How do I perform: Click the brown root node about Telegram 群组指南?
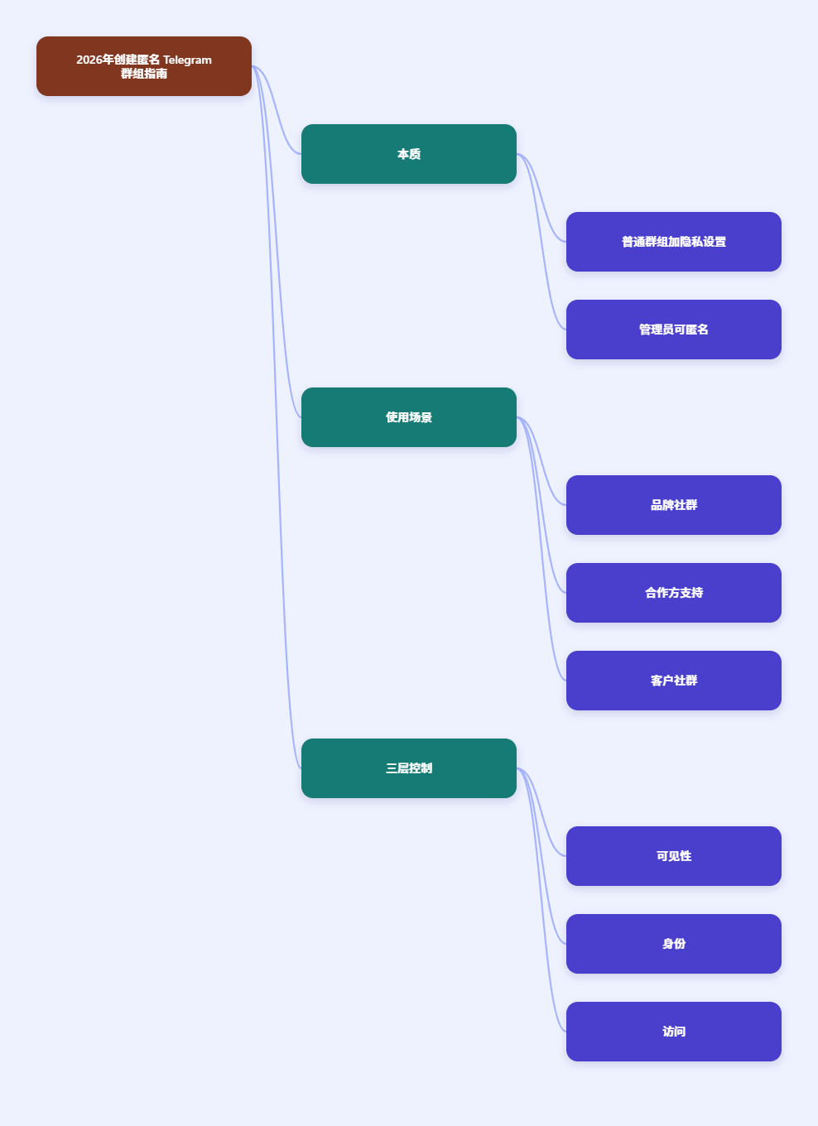coord(144,66)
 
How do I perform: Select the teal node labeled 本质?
coord(409,154)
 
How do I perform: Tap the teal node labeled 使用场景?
coord(409,417)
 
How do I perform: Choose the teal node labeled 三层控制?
coord(409,768)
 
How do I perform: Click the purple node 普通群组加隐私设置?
coord(674,242)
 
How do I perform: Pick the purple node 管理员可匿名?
coord(674,330)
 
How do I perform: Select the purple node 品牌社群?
coord(674,505)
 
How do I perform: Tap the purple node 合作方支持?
coord(674,593)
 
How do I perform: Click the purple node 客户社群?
coord(674,681)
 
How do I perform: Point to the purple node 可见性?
coord(674,856)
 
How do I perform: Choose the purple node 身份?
coord(674,944)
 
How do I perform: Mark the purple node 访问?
coord(674,1032)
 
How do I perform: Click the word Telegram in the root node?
coord(187,60)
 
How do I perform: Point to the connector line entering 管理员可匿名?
coord(541,241)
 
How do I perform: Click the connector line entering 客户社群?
coord(541,549)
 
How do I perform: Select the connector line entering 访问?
coord(541,900)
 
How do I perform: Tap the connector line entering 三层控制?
coord(276,417)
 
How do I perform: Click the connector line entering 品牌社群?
coord(541,461)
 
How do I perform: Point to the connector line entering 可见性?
coord(541,812)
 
